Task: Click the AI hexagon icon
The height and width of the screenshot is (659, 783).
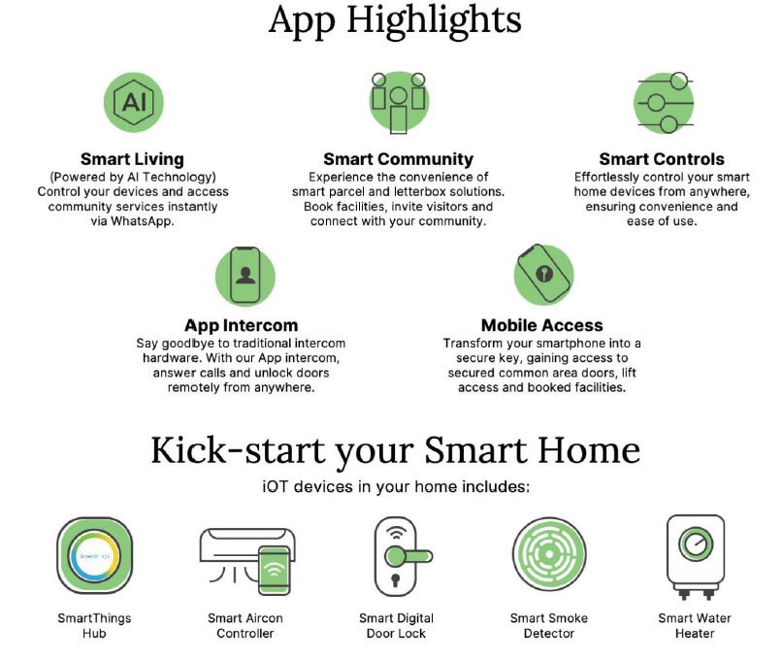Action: point(133,102)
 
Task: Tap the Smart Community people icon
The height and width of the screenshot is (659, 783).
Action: point(399,103)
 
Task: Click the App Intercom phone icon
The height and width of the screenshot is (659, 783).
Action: point(245,276)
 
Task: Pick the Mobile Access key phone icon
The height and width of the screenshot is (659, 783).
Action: point(543,274)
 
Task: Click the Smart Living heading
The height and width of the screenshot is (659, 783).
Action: point(132,159)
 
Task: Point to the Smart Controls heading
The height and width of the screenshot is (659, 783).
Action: point(662,159)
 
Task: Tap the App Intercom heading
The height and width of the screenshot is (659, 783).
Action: point(242,325)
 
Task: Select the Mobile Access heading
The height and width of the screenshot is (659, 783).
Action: point(541,325)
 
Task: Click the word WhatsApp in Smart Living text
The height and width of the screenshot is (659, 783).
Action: point(142,221)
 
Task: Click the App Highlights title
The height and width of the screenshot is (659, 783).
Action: point(395,20)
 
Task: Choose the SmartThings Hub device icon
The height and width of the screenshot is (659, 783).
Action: point(94,555)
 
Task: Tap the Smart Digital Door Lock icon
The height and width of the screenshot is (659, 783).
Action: point(403,556)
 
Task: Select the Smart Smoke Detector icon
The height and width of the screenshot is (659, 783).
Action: point(549,554)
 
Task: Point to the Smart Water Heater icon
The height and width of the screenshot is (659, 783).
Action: point(695,557)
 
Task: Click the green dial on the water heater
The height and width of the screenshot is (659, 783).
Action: point(696,544)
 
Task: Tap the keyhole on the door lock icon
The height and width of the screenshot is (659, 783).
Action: point(396,580)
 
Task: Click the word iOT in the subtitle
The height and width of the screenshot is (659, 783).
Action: point(275,486)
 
